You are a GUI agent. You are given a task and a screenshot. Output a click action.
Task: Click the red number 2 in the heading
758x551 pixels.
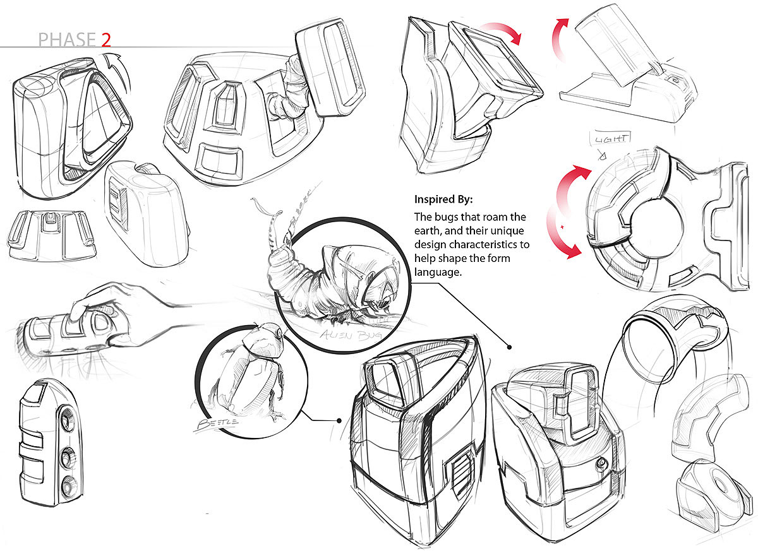point(105,40)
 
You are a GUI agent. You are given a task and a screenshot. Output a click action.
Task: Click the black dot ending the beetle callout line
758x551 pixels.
point(339,420)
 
